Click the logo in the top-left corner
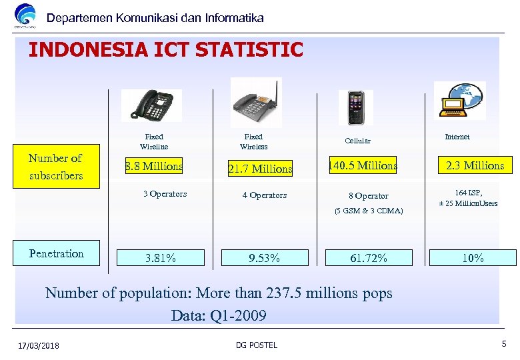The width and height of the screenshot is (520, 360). [x=25, y=16]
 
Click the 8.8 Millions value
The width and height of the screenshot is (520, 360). [x=154, y=167]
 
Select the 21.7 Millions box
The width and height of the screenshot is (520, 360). [x=260, y=169]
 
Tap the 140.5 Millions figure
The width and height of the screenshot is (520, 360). [x=362, y=166]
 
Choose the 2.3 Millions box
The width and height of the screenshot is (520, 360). [x=475, y=166]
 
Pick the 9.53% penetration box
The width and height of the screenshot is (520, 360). [x=264, y=258]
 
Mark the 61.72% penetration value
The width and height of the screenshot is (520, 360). [x=368, y=258]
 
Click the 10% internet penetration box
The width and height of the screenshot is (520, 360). [x=473, y=258]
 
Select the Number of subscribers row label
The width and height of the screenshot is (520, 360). [x=56, y=167]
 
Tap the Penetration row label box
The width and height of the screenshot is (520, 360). [x=56, y=253]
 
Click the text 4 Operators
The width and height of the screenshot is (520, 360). [x=265, y=195]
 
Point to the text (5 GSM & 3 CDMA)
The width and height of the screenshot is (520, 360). [x=369, y=211]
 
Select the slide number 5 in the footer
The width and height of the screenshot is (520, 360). [x=503, y=344]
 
